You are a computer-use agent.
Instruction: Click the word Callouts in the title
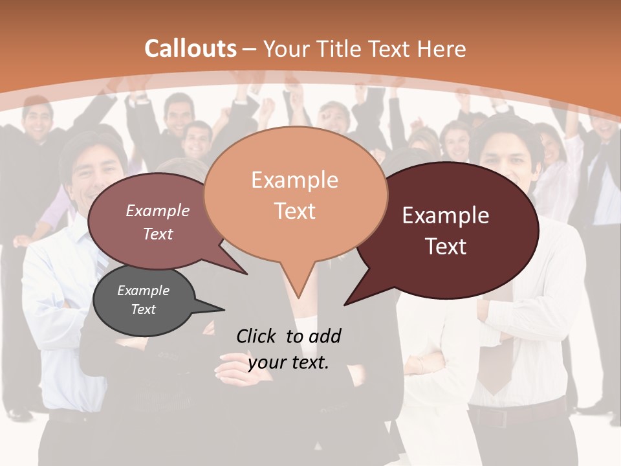coord(190,49)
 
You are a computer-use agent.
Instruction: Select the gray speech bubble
coord(144,300)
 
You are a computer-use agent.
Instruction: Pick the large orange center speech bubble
coord(295,194)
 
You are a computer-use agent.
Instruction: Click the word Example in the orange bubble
coord(294,180)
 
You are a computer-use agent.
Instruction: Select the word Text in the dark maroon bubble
coord(446,246)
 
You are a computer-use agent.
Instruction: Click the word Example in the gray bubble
coord(143,291)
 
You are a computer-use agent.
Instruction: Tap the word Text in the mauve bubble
coord(158,234)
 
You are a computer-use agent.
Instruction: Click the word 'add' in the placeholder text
coord(324,336)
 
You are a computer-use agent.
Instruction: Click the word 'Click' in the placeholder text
coord(256,336)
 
